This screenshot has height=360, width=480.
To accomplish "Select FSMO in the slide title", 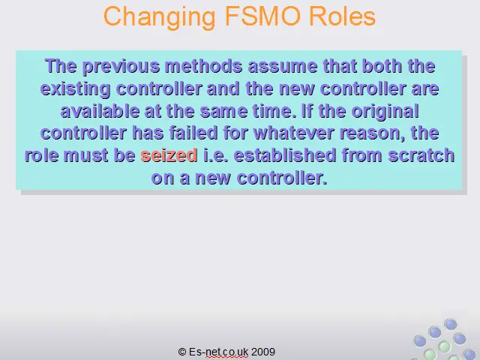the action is pos(262,16).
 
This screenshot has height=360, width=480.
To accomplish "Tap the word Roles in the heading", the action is pos(342,16).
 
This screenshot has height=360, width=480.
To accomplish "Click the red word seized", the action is pos(169,155).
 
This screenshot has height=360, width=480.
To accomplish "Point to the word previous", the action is pos(121,67).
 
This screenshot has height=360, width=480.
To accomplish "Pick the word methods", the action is pos(203,66).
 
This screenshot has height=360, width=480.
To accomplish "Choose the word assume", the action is pos(283,67).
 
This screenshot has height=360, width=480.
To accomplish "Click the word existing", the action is pos(75,89).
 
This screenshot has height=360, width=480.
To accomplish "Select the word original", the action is pos(385,111).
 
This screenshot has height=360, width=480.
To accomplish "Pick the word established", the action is pos(285,155).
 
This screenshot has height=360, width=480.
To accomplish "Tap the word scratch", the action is pos(421,155).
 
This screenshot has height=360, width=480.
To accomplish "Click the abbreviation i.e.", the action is pos(215,155).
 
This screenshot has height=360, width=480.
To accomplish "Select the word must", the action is pos(85,155).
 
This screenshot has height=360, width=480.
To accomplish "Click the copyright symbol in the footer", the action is pos(182,352).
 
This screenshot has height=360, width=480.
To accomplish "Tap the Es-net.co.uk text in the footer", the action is pos(218,352).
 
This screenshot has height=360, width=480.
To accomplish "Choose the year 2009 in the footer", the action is pos(263,352).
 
